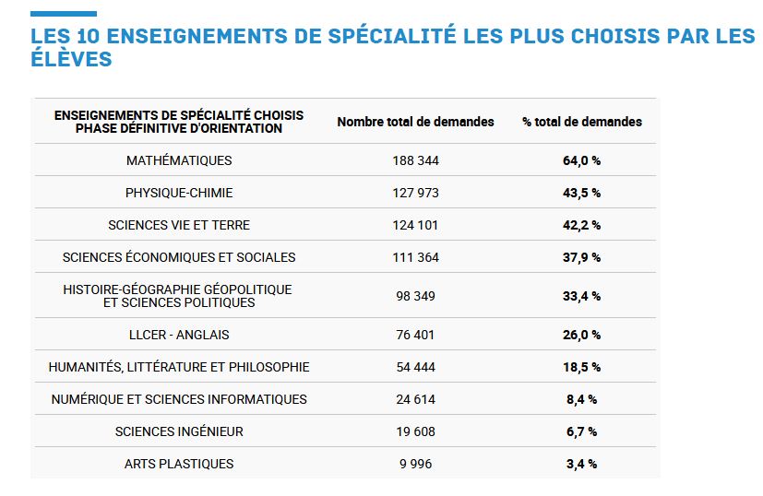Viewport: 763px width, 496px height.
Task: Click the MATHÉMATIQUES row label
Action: [x=179, y=160]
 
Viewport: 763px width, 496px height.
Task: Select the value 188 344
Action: [x=415, y=160]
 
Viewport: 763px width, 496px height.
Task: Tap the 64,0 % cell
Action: [x=581, y=160]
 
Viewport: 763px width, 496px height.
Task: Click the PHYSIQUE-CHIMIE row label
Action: [x=179, y=193]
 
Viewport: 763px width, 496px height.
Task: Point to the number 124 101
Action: [x=415, y=225]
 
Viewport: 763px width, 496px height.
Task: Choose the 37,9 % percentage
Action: [x=581, y=257]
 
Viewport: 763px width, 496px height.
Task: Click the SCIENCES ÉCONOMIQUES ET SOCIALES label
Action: [x=179, y=257]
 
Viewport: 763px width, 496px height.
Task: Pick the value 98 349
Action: [x=415, y=296]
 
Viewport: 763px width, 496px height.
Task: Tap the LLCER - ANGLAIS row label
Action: [x=179, y=335]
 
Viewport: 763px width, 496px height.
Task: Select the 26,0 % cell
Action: [x=581, y=335]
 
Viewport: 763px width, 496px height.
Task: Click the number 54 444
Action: [x=415, y=367]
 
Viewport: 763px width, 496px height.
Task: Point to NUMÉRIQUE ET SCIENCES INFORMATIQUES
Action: [x=179, y=399]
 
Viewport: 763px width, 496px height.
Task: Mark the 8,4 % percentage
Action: [x=581, y=399]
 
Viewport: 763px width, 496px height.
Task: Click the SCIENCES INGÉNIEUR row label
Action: [x=179, y=431]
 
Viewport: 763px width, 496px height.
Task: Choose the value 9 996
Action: [x=415, y=464]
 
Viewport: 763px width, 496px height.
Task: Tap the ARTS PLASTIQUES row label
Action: [x=179, y=464]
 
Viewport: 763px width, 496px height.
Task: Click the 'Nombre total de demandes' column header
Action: [x=415, y=122]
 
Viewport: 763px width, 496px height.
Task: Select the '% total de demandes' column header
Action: [x=581, y=122]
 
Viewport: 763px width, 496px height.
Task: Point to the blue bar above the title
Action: [x=63, y=14]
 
